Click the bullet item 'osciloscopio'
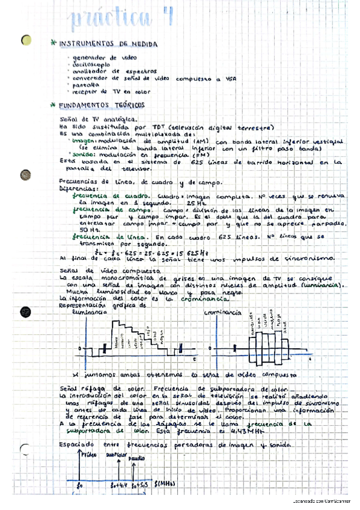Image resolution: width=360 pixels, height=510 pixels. [x=91, y=63]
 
